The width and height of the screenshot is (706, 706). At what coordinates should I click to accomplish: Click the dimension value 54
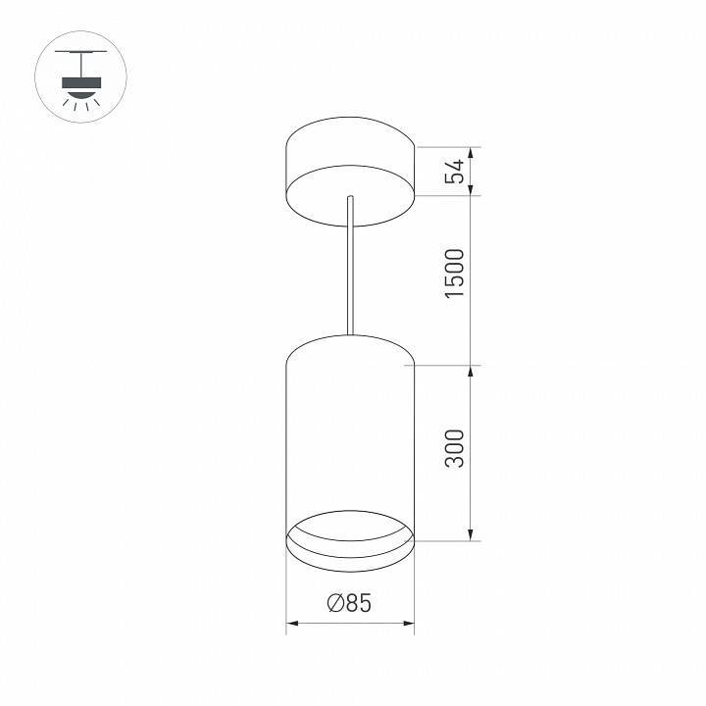pos(454,172)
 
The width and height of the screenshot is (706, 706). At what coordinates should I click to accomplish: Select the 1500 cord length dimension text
pos(454,276)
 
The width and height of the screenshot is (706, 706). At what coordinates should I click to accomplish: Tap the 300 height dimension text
pos(454,446)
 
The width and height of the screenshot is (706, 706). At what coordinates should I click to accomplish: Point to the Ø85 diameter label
pos(349,604)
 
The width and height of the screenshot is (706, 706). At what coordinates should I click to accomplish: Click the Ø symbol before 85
pos(334,604)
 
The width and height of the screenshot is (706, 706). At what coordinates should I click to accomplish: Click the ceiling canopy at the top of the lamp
pos(349,172)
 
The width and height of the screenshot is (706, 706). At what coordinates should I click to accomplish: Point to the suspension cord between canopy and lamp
pos(349,275)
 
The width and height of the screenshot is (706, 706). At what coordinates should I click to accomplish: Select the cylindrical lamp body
pos(349,431)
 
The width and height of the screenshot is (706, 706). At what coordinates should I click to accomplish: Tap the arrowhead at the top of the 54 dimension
pos(474,153)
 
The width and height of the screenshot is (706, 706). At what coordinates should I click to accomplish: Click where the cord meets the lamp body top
pos(349,335)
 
